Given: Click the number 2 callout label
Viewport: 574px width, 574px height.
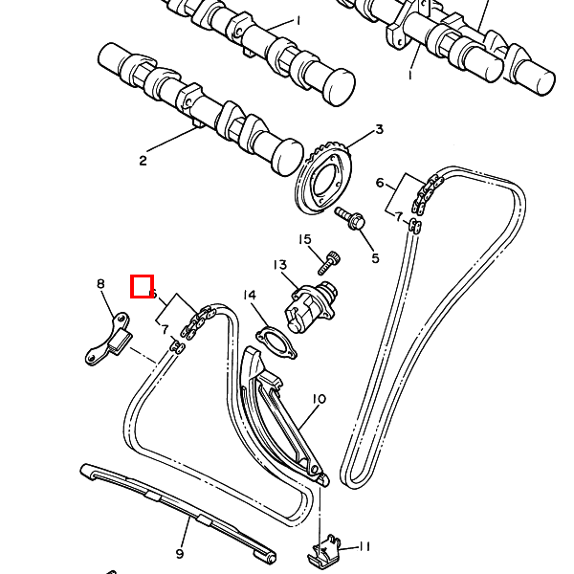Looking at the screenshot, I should [x=143, y=161].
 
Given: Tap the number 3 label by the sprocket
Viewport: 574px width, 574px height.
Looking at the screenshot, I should [x=379, y=130].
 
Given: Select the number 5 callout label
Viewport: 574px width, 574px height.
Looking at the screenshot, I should [x=375, y=257].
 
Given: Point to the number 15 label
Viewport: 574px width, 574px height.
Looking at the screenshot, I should [x=305, y=239].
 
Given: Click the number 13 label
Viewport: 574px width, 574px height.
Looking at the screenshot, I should [x=279, y=265].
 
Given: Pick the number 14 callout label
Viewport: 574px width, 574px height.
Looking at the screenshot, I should [x=249, y=295].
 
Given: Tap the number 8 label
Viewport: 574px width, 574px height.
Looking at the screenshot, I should [x=99, y=283].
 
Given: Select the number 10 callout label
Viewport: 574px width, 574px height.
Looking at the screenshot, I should [x=320, y=398].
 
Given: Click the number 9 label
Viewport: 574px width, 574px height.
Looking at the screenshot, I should [x=180, y=553].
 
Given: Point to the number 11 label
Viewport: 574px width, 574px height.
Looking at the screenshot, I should [x=364, y=546].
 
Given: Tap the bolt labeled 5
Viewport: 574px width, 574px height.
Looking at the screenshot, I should [x=351, y=218].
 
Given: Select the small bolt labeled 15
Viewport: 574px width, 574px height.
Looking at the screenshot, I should [x=330, y=258].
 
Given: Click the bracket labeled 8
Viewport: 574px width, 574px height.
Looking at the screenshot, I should [x=107, y=340].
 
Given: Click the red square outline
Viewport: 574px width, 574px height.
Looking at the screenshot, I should [x=142, y=286].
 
